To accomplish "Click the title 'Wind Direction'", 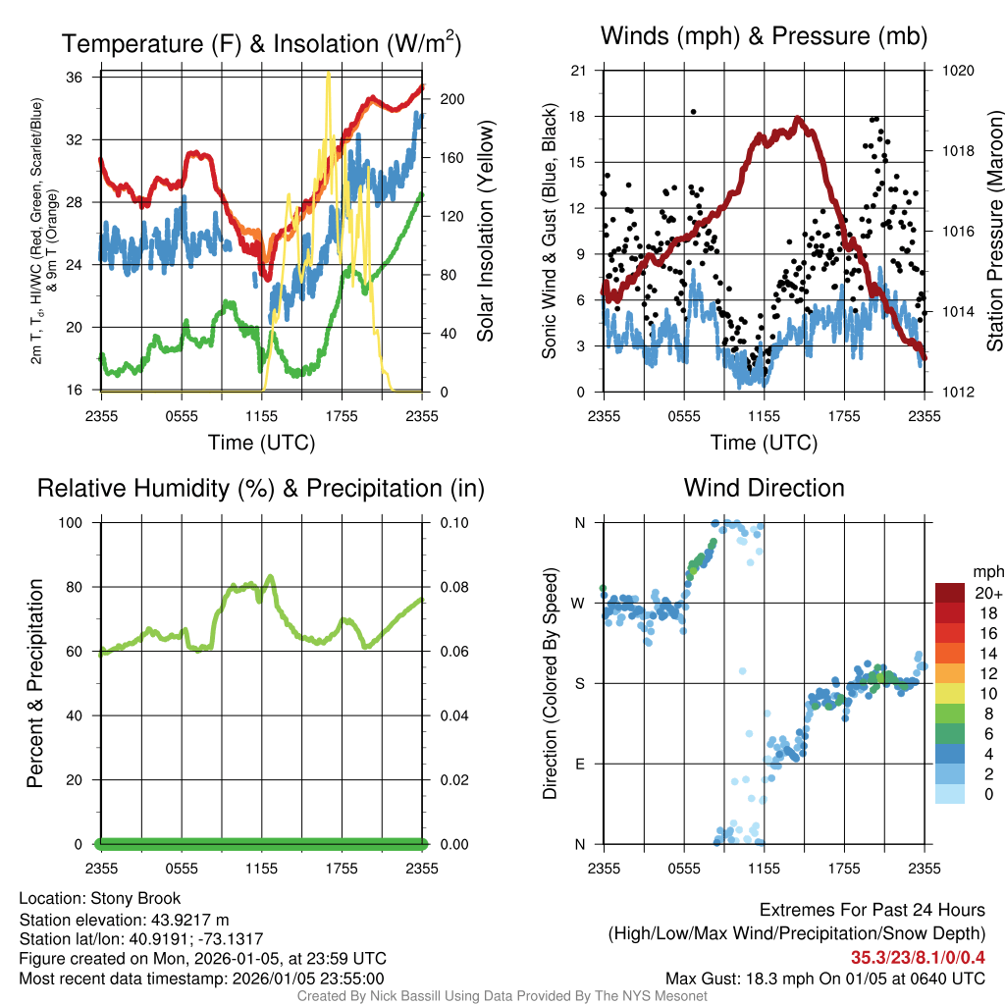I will tap(764, 488).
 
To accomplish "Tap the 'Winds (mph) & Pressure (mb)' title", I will tap(764, 37).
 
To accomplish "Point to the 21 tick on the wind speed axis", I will tap(579, 71).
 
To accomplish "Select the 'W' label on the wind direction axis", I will tap(579, 603).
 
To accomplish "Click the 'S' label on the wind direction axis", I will tap(580, 683).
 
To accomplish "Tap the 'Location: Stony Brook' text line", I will tap(100, 898).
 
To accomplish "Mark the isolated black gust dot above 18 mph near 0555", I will tap(693, 112).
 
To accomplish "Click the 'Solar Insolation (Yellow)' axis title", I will tap(485, 231).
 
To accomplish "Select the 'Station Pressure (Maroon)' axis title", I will tap(994, 231).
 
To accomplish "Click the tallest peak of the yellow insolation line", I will tap(328, 75).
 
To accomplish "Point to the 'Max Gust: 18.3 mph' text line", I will tap(825, 978).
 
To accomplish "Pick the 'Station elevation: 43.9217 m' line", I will tap(124, 920).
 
